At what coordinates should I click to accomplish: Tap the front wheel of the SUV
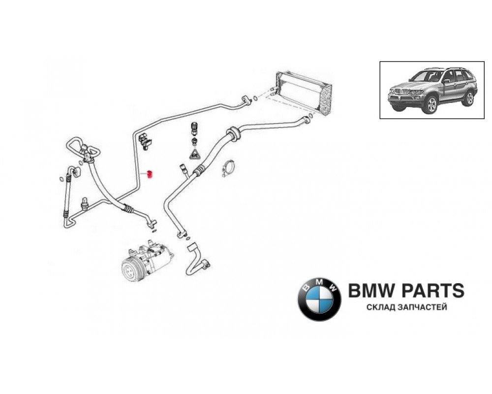tap(431, 104)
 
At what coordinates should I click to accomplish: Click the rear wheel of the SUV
tap(469, 98)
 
